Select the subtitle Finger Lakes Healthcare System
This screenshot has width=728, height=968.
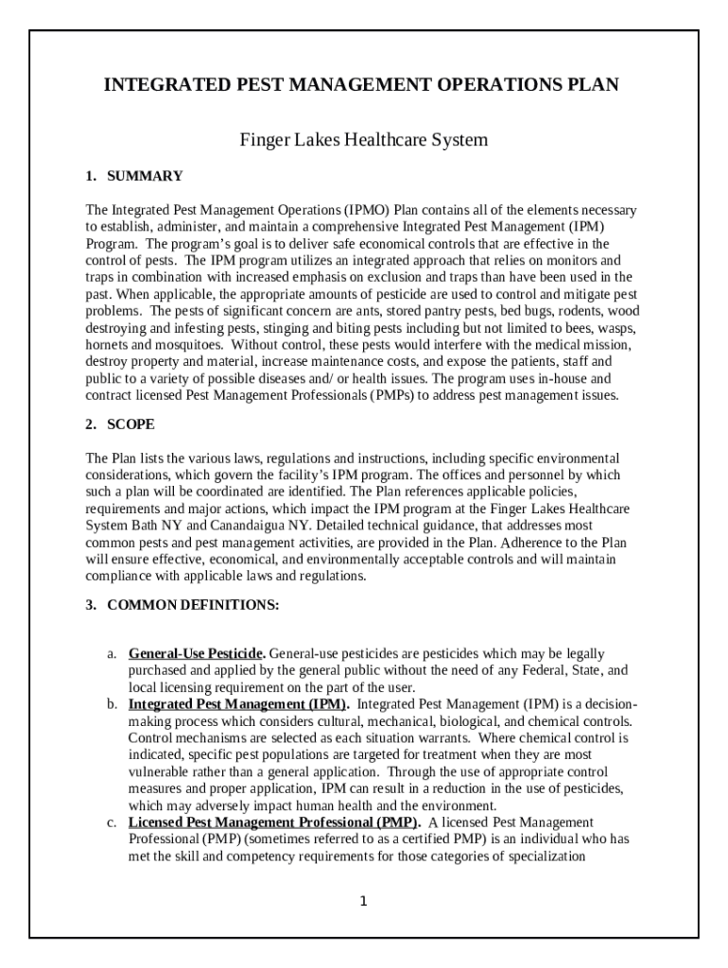tap(363, 140)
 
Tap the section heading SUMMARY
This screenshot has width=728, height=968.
tap(145, 176)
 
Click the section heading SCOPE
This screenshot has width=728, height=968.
tap(131, 424)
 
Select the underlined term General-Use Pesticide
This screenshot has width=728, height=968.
tap(197, 654)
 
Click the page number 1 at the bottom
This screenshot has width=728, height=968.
tap(363, 901)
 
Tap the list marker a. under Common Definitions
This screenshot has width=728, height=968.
tap(111, 654)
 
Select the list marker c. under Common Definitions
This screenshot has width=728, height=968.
tap(111, 823)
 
